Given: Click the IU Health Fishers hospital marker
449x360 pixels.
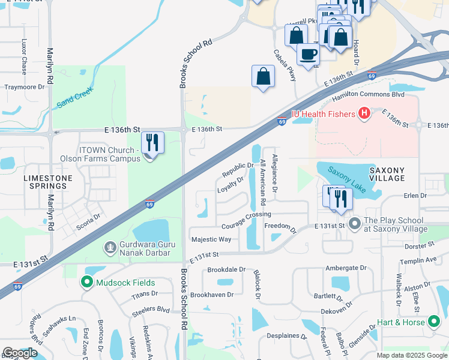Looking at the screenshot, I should click(x=363, y=113).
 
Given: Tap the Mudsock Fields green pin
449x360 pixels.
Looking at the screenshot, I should click(x=87, y=282).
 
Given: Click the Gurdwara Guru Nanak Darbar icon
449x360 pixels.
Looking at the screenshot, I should click(x=109, y=247).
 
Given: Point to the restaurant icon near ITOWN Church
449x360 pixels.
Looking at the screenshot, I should click(x=152, y=143).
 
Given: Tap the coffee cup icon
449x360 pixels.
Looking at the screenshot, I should click(x=309, y=53).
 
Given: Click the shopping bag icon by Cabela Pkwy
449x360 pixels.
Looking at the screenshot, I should click(x=263, y=76).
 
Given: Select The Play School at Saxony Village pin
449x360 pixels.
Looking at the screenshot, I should click(x=354, y=223).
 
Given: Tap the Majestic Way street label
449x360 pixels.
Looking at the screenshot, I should click(x=211, y=239).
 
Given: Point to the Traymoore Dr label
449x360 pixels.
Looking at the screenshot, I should click(x=25, y=87).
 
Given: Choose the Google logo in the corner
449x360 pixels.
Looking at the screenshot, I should click(x=20, y=353).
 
